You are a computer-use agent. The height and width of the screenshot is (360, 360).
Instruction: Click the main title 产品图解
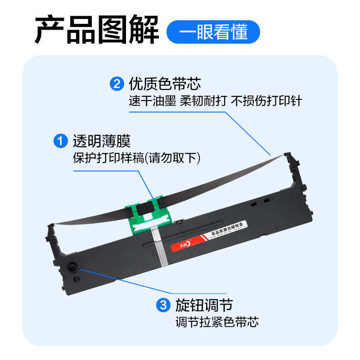point(97,30)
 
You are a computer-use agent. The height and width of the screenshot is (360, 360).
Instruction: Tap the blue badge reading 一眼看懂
point(213,32)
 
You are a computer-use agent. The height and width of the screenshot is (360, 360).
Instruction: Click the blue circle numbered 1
point(60,141)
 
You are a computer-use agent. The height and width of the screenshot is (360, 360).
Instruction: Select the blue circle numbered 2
point(117,84)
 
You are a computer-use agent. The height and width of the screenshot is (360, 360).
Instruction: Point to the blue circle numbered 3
point(162,306)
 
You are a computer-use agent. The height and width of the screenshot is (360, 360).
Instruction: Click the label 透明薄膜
point(102,141)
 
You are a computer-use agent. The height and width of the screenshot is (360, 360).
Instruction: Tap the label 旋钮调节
point(204,306)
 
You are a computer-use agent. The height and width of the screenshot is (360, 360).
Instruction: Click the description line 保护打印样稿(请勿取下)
point(136,158)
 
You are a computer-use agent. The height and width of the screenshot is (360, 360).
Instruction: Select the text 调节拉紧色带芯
point(217,322)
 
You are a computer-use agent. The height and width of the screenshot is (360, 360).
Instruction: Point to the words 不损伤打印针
point(266,101)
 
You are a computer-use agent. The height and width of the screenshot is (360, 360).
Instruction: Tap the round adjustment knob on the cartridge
point(72,268)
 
